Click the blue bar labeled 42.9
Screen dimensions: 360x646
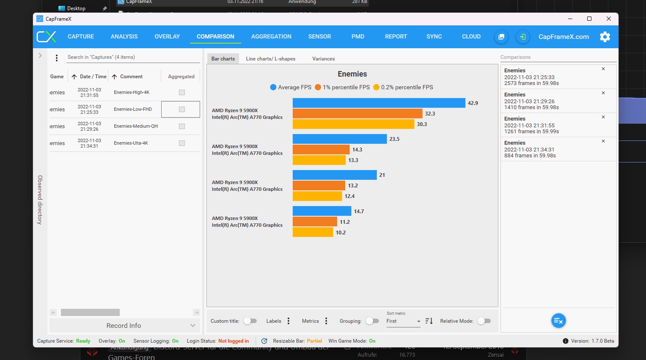[x=379, y=103]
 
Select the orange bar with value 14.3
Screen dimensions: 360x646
[x=321, y=150]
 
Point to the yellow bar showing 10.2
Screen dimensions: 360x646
[x=313, y=232]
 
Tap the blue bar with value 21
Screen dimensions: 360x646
[x=334, y=175]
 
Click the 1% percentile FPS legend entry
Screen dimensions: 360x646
[x=342, y=87]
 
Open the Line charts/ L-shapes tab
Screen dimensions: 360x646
[x=270, y=59]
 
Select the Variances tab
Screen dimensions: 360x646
[x=323, y=59]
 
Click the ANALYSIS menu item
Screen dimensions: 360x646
[x=124, y=36]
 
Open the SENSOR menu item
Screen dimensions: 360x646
[x=319, y=36]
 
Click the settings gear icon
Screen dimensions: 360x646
[x=605, y=37]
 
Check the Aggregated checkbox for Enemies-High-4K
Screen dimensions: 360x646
[x=182, y=92]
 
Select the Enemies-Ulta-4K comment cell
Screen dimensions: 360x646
[x=131, y=143]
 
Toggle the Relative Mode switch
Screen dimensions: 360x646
[x=484, y=321]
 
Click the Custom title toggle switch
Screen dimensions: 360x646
[x=250, y=321]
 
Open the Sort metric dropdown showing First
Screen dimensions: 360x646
[x=403, y=321]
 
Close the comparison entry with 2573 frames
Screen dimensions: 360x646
[x=603, y=69]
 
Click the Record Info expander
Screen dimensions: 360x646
[x=124, y=325]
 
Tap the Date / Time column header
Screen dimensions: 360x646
[x=93, y=77]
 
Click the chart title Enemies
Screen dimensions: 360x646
[x=352, y=74]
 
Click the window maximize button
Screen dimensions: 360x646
[x=589, y=19]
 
